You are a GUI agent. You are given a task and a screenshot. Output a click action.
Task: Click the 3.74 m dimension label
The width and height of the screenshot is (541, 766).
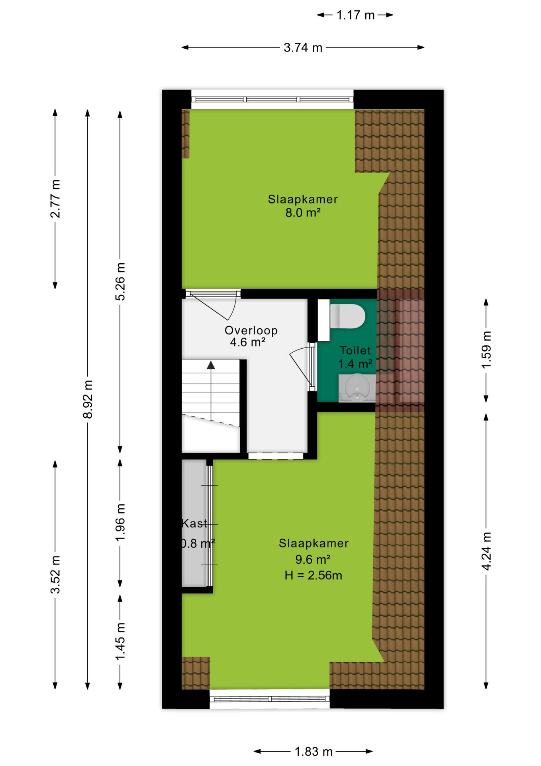303,47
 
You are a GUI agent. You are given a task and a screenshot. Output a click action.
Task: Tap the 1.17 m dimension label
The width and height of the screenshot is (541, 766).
355,15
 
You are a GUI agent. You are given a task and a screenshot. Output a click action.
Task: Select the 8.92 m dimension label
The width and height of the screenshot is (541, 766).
88,399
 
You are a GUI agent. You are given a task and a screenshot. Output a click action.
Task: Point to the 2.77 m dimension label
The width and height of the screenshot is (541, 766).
55,198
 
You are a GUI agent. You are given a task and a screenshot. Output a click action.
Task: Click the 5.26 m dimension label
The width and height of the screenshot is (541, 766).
120,281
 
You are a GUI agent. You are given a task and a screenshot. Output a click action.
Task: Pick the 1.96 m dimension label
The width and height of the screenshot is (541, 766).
120,522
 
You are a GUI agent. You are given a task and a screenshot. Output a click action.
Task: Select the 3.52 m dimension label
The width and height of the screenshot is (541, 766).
55,574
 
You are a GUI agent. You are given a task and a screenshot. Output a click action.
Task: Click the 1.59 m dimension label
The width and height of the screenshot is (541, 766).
486,350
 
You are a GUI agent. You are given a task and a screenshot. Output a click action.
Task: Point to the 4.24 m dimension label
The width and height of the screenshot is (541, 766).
486,551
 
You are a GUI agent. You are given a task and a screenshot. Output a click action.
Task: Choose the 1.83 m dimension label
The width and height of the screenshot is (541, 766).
314,752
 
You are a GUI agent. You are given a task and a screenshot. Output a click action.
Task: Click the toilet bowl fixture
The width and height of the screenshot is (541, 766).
347,316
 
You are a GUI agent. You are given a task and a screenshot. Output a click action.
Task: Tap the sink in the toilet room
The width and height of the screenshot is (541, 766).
357,388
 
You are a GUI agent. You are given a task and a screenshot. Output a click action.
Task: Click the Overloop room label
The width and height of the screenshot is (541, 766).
251,330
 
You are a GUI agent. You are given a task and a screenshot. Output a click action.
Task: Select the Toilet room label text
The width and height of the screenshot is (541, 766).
355,350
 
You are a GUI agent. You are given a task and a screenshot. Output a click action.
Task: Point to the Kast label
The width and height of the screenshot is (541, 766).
194,523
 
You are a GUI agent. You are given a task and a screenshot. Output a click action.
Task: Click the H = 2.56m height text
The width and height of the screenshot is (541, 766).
314,575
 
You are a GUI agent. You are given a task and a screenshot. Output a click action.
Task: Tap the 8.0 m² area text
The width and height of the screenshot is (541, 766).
303,213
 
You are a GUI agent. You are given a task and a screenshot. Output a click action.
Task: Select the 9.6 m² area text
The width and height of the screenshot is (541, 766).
313,559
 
